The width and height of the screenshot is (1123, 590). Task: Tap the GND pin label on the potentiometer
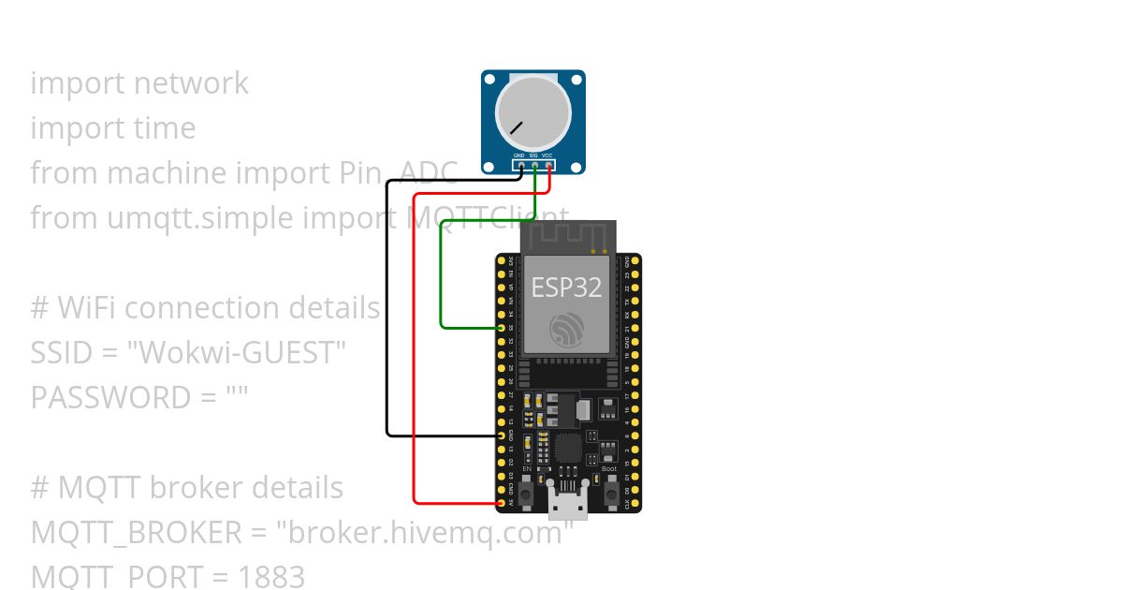tap(518, 155)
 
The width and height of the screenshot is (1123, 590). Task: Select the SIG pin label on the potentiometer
tap(533, 155)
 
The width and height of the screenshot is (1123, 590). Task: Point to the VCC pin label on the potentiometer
tap(547, 155)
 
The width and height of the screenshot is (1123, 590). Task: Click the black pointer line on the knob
tap(516, 126)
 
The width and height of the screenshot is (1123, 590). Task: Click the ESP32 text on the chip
tap(566, 287)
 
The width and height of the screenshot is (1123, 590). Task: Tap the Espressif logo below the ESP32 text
tap(567, 329)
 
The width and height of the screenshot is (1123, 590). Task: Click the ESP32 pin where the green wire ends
tap(503, 328)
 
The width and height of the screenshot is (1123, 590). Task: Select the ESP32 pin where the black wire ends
tap(503, 435)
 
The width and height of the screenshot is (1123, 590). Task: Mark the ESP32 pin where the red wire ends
tap(503, 503)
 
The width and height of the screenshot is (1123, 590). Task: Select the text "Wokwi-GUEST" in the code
tap(236, 353)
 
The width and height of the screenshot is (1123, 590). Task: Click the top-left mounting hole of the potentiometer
tap(489, 78)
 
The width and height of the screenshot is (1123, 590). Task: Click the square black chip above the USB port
tap(568, 447)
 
